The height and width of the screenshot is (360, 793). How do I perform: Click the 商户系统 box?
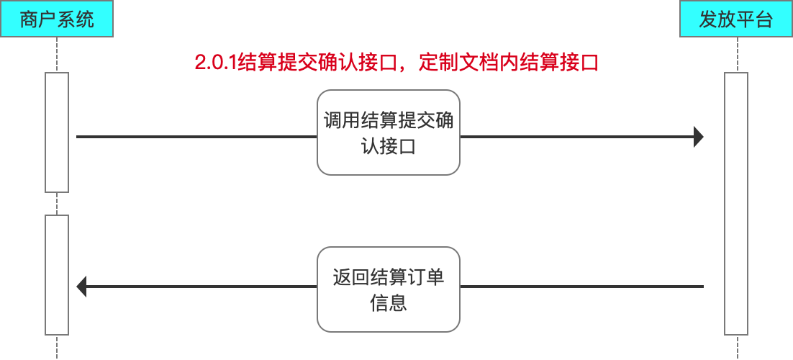click(x=57, y=19)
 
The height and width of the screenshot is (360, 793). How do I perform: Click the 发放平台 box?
click(x=735, y=19)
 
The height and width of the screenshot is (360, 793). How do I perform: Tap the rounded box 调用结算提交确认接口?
click(x=389, y=132)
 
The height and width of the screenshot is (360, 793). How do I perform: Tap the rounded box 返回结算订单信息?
click(x=389, y=289)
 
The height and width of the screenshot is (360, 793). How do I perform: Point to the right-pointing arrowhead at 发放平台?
click(x=698, y=136)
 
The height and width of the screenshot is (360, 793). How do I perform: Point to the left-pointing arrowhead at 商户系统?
click(x=81, y=287)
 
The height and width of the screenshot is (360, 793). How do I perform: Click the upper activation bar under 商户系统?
click(x=57, y=132)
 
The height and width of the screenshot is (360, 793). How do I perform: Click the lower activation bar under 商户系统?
click(x=57, y=275)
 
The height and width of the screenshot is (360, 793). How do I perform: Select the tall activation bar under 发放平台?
click(x=735, y=204)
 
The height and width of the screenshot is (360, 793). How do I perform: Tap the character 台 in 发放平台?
click(x=763, y=19)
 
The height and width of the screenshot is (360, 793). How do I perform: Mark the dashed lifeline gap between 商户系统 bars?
click(x=57, y=204)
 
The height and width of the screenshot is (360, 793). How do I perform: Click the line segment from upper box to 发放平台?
click(x=576, y=136)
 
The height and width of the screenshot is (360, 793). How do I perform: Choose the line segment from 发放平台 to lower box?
click(x=581, y=287)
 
